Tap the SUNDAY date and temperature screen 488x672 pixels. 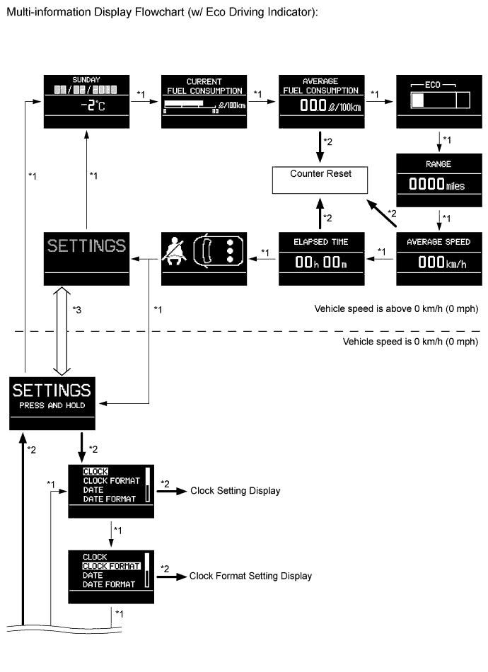click(x=86, y=100)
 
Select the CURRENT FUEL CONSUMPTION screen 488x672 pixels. click(x=204, y=100)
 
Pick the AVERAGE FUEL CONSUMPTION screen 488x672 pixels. click(x=320, y=100)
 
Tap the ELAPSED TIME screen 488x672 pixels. click(x=320, y=257)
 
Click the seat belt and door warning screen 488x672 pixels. click(x=204, y=257)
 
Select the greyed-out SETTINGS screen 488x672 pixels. click(x=86, y=257)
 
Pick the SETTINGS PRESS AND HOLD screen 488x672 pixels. click(x=52, y=402)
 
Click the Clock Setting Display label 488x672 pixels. click(x=236, y=491)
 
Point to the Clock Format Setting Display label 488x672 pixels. click(x=250, y=576)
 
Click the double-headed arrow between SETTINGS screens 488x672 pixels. click(x=62, y=330)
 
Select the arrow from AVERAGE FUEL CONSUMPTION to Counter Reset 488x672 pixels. click(x=320, y=148)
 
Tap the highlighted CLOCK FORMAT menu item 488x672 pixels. click(x=110, y=566)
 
